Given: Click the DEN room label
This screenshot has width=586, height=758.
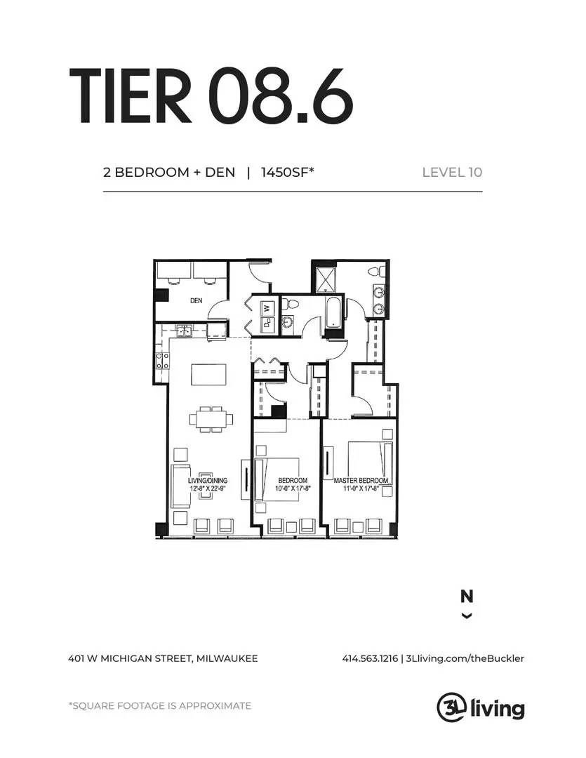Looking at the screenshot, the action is click(196, 300).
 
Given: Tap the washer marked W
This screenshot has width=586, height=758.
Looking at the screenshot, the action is click(267, 307).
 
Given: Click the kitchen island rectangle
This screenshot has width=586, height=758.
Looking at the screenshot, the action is click(208, 374).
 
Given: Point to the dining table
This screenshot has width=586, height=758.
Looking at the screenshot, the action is click(211, 418).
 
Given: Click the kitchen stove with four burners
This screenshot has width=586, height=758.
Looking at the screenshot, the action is click(161, 360).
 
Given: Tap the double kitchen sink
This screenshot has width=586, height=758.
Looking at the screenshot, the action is click(184, 331).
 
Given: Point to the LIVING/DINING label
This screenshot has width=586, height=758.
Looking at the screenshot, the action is click(208, 481).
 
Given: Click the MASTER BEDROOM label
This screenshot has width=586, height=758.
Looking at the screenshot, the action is click(361, 481).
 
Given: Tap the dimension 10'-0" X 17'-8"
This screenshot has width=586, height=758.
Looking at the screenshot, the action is click(293, 488).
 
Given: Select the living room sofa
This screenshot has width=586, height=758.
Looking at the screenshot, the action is click(180, 486).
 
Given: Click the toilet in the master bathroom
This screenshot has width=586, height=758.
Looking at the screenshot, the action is click(377, 272).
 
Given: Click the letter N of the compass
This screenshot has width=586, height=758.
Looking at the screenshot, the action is click(467, 597).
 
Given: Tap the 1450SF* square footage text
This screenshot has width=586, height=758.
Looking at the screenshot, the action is click(288, 172).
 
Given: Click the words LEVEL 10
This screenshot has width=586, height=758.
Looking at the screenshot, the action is click(452, 172).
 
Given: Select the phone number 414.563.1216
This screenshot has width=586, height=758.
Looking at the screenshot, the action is click(370, 658).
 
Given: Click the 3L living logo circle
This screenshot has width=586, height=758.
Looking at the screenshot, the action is click(451, 707).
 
